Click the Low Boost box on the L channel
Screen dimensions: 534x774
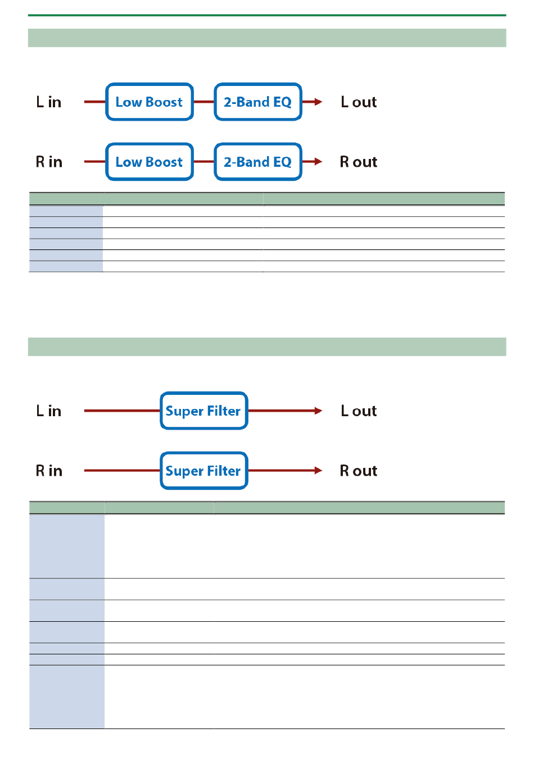(149, 102)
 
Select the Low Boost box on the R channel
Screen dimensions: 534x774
(149, 161)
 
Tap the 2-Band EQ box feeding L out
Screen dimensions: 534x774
(257, 102)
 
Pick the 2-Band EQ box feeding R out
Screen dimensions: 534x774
(257, 161)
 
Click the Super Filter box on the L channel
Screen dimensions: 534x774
(203, 411)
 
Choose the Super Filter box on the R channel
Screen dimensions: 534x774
(203, 470)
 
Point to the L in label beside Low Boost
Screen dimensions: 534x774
(49, 102)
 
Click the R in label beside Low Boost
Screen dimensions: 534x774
(49, 162)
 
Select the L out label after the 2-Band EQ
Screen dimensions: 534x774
(359, 102)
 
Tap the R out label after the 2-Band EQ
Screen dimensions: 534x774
(359, 162)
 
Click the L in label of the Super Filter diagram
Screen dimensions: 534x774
(49, 411)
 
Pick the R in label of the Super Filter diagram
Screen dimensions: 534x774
(49, 471)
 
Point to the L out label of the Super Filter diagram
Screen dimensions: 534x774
(359, 411)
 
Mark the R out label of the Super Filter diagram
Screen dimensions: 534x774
(359, 471)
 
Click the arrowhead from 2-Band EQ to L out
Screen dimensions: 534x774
(318, 102)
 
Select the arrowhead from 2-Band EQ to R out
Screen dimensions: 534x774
(318, 161)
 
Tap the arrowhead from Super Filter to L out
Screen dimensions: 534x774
(318, 411)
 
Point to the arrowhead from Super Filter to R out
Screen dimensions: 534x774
(318, 470)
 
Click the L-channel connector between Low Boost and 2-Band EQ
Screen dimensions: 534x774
(203, 102)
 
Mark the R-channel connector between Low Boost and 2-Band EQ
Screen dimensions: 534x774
(203, 161)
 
